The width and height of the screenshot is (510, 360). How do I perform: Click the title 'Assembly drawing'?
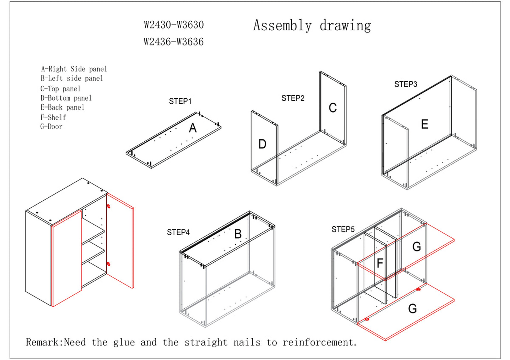pyautogui.click(x=312, y=26)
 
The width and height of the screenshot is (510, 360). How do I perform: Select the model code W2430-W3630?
pyautogui.click(x=174, y=25)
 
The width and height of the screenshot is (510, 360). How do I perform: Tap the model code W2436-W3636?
pyautogui.click(x=173, y=42)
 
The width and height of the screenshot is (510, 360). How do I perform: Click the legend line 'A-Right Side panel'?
pyautogui.click(x=74, y=69)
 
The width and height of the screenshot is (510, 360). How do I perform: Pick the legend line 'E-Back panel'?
pyautogui.click(x=62, y=107)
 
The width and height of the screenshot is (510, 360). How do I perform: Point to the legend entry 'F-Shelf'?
pyautogui.click(x=53, y=117)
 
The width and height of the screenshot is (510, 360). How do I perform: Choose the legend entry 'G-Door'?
pyautogui.click(x=51, y=126)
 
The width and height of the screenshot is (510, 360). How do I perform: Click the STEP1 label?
pyautogui.click(x=180, y=101)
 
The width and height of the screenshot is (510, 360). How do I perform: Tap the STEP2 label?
pyautogui.click(x=293, y=98)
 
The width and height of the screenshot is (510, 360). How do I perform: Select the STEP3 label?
pyautogui.click(x=406, y=84)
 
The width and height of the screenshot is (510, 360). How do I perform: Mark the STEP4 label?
pyautogui.click(x=178, y=232)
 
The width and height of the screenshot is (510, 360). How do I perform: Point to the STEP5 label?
pyautogui.click(x=343, y=230)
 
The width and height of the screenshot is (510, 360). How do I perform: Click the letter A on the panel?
pyautogui.click(x=193, y=128)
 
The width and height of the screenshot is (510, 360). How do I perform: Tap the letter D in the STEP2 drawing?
pyautogui.click(x=262, y=144)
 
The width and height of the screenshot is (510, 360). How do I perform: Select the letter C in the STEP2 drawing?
pyautogui.click(x=332, y=108)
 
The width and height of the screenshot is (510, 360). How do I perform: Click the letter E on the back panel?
pyautogui.click(x=425, y=124)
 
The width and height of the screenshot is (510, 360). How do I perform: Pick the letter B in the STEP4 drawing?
pyautogui.click(x=238, y=234)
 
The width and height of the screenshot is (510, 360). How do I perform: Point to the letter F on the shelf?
pyautogui.click(x=380, y=263)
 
